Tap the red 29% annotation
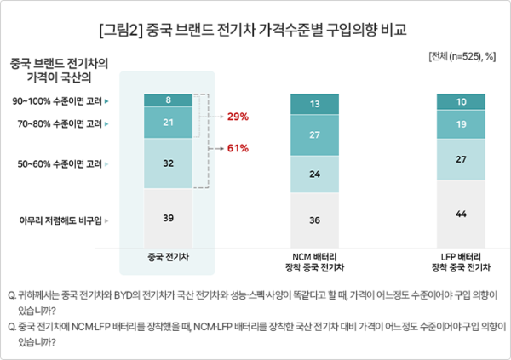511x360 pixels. click(238, 115)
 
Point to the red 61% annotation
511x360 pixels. click(238, 148)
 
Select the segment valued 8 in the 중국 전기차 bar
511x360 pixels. click(168, 100)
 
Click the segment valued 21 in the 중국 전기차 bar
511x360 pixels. click(168, 123)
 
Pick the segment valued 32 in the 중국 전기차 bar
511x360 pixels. click(168, 163)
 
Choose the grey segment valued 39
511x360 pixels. click(168, 218)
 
